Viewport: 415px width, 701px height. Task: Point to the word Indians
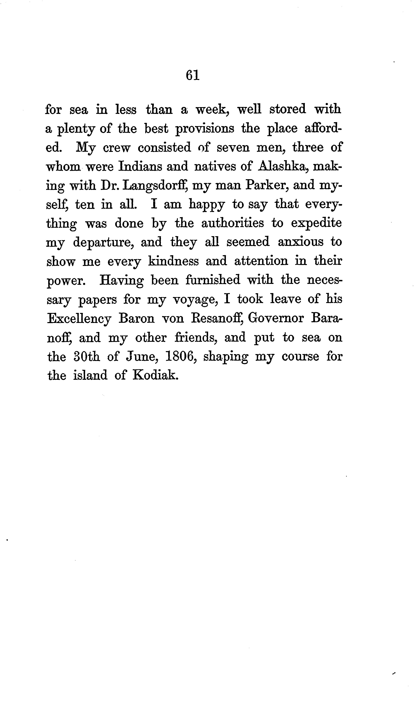click(x=139, y=166)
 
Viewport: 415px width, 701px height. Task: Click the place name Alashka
click(x=283, y=166)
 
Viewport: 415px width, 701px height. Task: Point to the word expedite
click(x=316, y=224)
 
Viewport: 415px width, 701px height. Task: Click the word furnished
click(x=213, y=280)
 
